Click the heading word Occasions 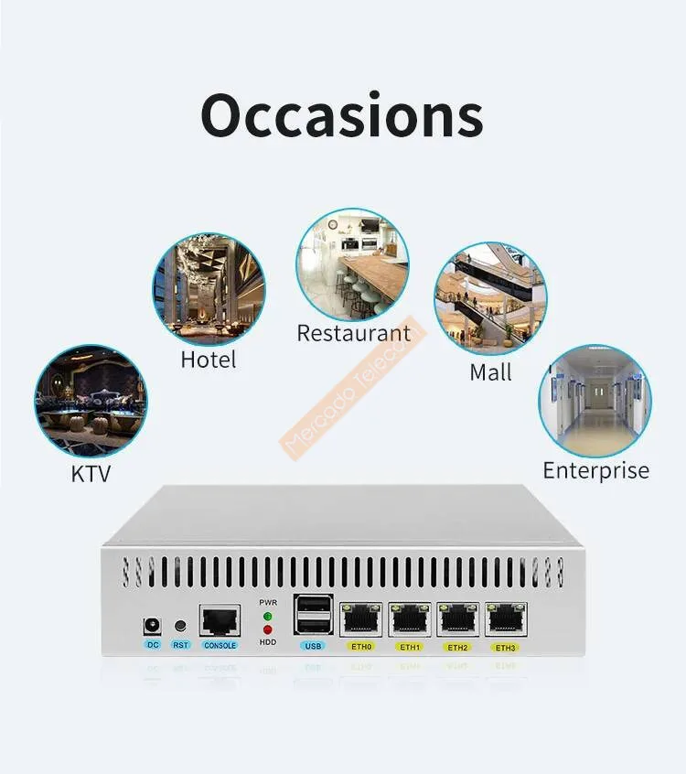(342, 116)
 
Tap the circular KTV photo (91, 401)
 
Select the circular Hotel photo (209, 288)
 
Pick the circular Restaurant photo (352, 263)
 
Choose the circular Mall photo (490, 298)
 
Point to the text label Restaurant (354, 334)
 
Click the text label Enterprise (595, 470)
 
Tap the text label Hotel (209, 360)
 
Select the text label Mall (490, 372)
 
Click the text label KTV (91, 473)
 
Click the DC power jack (152, 626)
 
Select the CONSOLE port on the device (220, 621)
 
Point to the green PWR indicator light (268, 615)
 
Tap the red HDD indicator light (268, 629)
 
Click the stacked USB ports (313, 615)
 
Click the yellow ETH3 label (505, 648)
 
